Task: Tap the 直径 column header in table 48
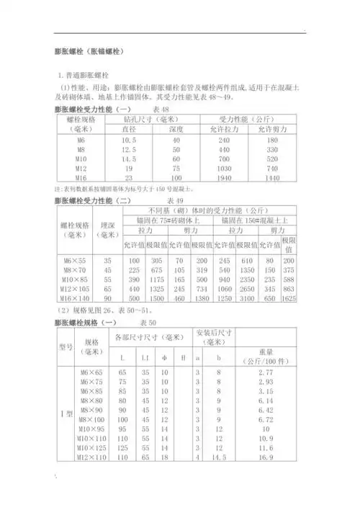pos(130,130)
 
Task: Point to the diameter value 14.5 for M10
pos(130,158)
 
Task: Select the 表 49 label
pos(176,199)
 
